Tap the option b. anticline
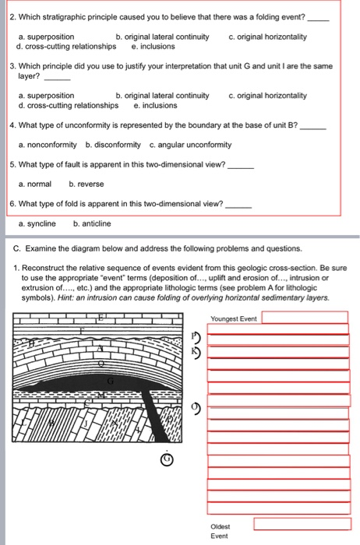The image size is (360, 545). pyautogui.click(x=92, y=223)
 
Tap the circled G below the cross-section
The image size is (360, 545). pyautogui.click(x=164, y=459)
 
